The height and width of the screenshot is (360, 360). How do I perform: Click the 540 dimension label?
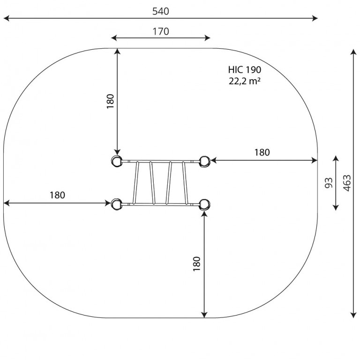click(x=161, y=11)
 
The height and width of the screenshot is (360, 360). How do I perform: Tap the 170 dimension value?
click(x=161, y=31)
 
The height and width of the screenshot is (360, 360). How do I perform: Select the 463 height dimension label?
click(x=347, y=183)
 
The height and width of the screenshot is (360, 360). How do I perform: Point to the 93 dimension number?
click(x=329, y=183)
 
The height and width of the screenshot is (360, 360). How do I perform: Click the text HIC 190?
click(x=245, y=69)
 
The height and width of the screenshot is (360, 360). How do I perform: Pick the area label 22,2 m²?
click(x=245, y=81)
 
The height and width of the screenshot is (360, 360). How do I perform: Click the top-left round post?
click(x=116, y=161)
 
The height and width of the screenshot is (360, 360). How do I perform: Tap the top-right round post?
click(x=204, y=161)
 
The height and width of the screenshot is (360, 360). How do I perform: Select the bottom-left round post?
click(x=116, y=204)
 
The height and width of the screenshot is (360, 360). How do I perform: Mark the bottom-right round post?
click(x=204, y=204)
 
